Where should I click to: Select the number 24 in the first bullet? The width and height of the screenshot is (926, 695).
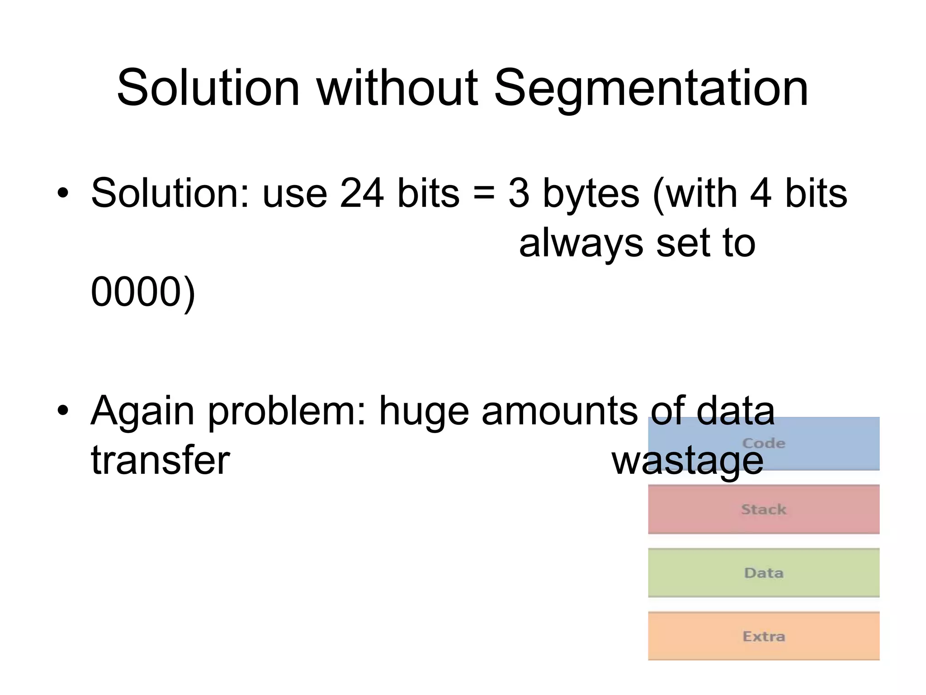(x=362, y=194)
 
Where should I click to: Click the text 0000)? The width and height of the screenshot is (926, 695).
(x=143, y=292)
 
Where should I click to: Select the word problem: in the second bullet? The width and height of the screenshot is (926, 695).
(x=286, y=412)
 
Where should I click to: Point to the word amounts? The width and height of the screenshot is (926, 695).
(x=560, y=412)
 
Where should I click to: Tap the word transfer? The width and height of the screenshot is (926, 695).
(x=161, y=461)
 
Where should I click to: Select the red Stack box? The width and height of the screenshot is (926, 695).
(x=763, y=509)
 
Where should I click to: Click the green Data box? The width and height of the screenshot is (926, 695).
(x=763, y=573)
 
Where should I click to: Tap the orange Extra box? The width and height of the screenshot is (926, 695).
(x=763, y=636)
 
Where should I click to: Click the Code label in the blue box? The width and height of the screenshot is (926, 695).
(x=763, y=443)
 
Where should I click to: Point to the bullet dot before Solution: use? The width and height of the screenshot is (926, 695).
(x=63, y=194)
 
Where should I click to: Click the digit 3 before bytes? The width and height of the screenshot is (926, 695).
(x=519, y=194)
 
